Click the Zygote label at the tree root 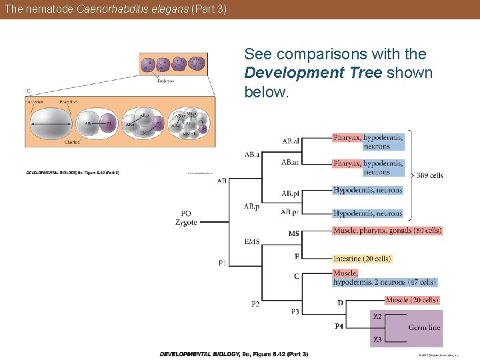(x=186, y=222)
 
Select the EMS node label (x=252, y=241)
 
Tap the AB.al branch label (x=290, y=141)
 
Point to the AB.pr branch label (x=289, y=212)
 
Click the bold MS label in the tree (x=293, y=233)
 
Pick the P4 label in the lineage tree (x=339, y=326)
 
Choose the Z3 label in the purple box (x=377, y=340)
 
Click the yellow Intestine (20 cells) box (x=362, y=258)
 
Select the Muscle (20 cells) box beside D (x=412, y=300)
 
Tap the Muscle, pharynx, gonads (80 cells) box (x=387, y=231)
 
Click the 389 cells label (x=430, y=176)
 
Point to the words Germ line (x=424, y=327)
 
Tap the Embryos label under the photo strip (x=165, y=81)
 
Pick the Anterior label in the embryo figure (x=36, y=101)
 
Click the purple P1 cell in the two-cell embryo (x=109, y=123)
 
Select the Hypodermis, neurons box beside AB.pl (x=368, y=190)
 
